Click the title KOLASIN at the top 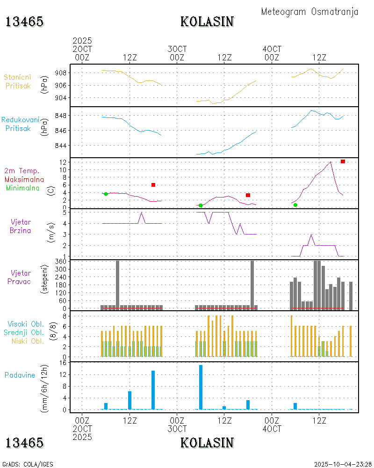tap(207, 22)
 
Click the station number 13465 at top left tap(24, 22)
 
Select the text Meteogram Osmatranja tap(309, 12)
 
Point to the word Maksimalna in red tap(24, 179)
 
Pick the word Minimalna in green tap(26, 188)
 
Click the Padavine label tap(20, 375)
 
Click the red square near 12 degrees tap(343, 161)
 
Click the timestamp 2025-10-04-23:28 tap(343, 464)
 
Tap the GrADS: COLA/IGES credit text tap(28, 464)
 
